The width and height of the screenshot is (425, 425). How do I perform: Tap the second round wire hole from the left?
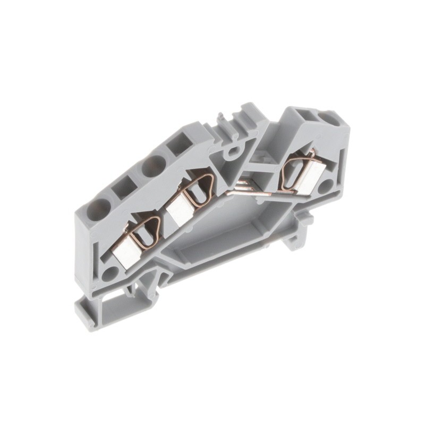point(154,166)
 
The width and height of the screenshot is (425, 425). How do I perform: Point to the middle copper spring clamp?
point(199,189)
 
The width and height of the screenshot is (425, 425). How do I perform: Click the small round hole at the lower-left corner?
point(110,273)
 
